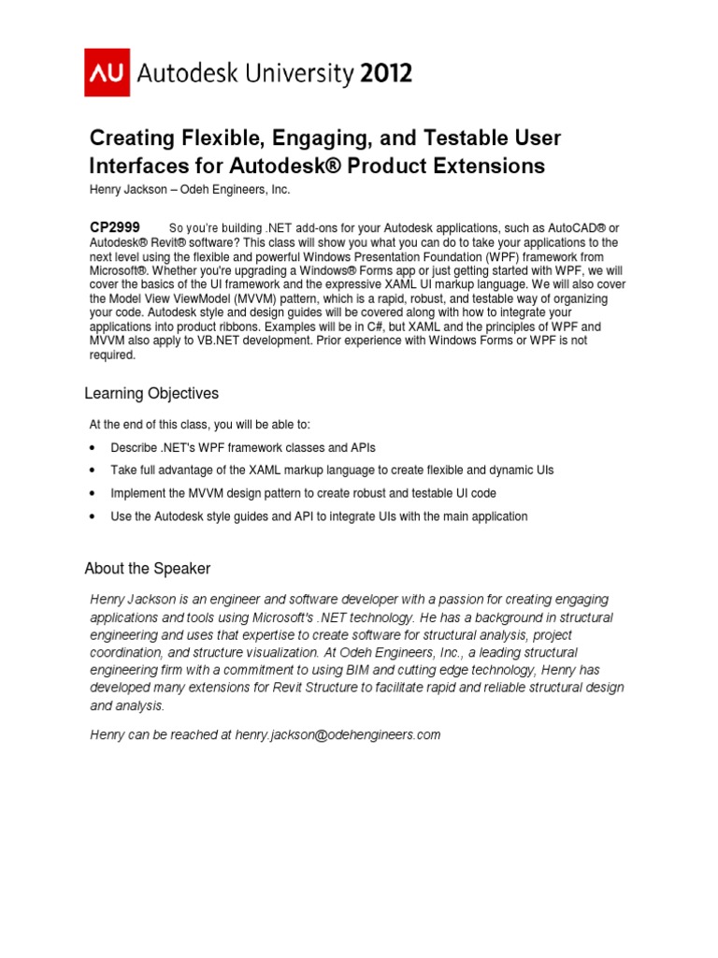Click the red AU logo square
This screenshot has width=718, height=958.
click(x=108, y=74)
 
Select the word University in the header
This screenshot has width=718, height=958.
click(x=292, y=74)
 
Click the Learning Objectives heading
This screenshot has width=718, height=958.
click(x=151, y=393)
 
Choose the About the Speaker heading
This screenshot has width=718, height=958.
click(x=148, y=568)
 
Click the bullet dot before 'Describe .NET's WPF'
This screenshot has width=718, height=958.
click(x=93, y=447)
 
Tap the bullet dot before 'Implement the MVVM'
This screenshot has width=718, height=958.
click(x=93, y=493)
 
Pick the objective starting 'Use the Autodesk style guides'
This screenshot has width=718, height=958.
click(x=319, y=515)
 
